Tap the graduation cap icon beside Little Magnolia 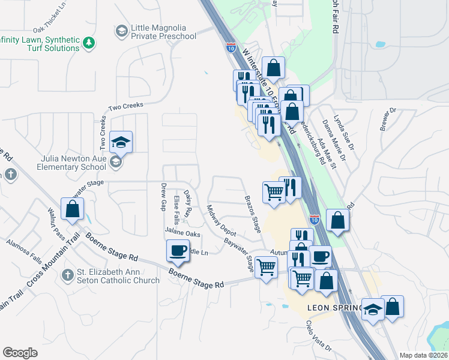121,31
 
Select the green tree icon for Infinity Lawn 89,43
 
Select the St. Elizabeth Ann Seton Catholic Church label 118,276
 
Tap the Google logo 20,353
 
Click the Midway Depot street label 221,220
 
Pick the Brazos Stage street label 252,212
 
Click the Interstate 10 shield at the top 231,48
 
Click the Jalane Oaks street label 182,233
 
